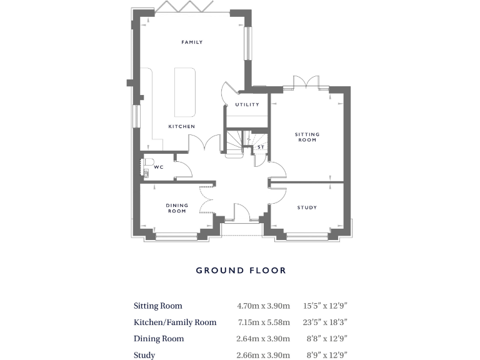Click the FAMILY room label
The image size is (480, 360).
point(192,42)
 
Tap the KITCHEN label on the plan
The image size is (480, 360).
point(181,126)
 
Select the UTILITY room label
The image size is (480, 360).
point(247,104)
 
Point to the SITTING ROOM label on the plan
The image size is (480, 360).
point(307,137)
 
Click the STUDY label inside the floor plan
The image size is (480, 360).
point(307,207)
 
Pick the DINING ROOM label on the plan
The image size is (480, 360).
point(177,208)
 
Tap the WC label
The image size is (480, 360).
point(159,167)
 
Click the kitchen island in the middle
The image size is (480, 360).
point(184,91)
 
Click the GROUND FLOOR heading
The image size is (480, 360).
point(241,271)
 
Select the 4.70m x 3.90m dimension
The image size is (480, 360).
point(263,306)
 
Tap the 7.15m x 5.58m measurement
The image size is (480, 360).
point(263,322)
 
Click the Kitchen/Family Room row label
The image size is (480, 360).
point(175,322)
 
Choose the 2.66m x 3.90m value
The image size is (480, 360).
point(263,355)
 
